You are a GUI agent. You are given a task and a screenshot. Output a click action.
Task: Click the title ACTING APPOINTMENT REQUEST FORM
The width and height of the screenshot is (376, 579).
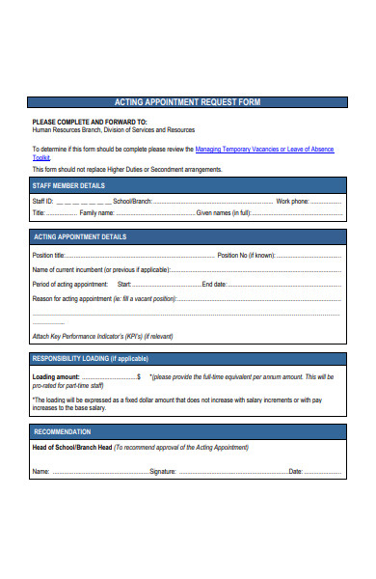[x=187, y=102]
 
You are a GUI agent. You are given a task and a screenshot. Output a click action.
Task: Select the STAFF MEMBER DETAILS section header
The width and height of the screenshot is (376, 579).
[x=68, y=184]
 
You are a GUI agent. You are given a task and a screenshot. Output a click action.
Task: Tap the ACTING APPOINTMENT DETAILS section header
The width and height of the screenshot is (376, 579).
[x=80, y=236]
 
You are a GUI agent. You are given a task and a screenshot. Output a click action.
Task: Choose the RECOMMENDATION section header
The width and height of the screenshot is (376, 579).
[x=63, y=431]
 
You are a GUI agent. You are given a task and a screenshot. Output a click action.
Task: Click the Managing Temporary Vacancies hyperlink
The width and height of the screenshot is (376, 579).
[x=264, y=150]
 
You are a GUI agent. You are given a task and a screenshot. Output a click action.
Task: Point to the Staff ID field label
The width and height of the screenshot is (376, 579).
[x=43, y=201]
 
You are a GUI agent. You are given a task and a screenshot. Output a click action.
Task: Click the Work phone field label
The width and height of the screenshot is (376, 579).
[x=293, y=201]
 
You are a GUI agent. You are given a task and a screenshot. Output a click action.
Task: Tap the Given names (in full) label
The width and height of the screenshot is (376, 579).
[x=224, y=212]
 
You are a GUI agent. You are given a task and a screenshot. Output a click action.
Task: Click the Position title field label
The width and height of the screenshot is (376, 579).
[x=49, y=256]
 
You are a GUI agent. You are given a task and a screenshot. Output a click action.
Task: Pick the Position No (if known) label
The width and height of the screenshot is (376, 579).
[x=247, y=256]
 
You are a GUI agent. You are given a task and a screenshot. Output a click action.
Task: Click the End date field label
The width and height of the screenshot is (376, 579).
[x=214, y=285]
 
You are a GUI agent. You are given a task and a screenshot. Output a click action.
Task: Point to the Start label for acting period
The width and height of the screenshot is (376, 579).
[x=124, y=285]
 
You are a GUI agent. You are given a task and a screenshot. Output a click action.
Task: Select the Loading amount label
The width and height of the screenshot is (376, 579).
[x=56, y=376]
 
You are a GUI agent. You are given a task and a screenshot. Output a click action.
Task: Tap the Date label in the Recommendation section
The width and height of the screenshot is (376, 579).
[x=296, y=471]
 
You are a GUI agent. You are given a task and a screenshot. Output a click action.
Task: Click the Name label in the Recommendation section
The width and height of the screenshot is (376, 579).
[x=40, y=471]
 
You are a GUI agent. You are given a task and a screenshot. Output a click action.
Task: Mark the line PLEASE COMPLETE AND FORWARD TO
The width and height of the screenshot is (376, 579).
[x=90, y=122]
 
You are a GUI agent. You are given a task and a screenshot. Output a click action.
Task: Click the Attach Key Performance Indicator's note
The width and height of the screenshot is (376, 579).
[x=102, y=336]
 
